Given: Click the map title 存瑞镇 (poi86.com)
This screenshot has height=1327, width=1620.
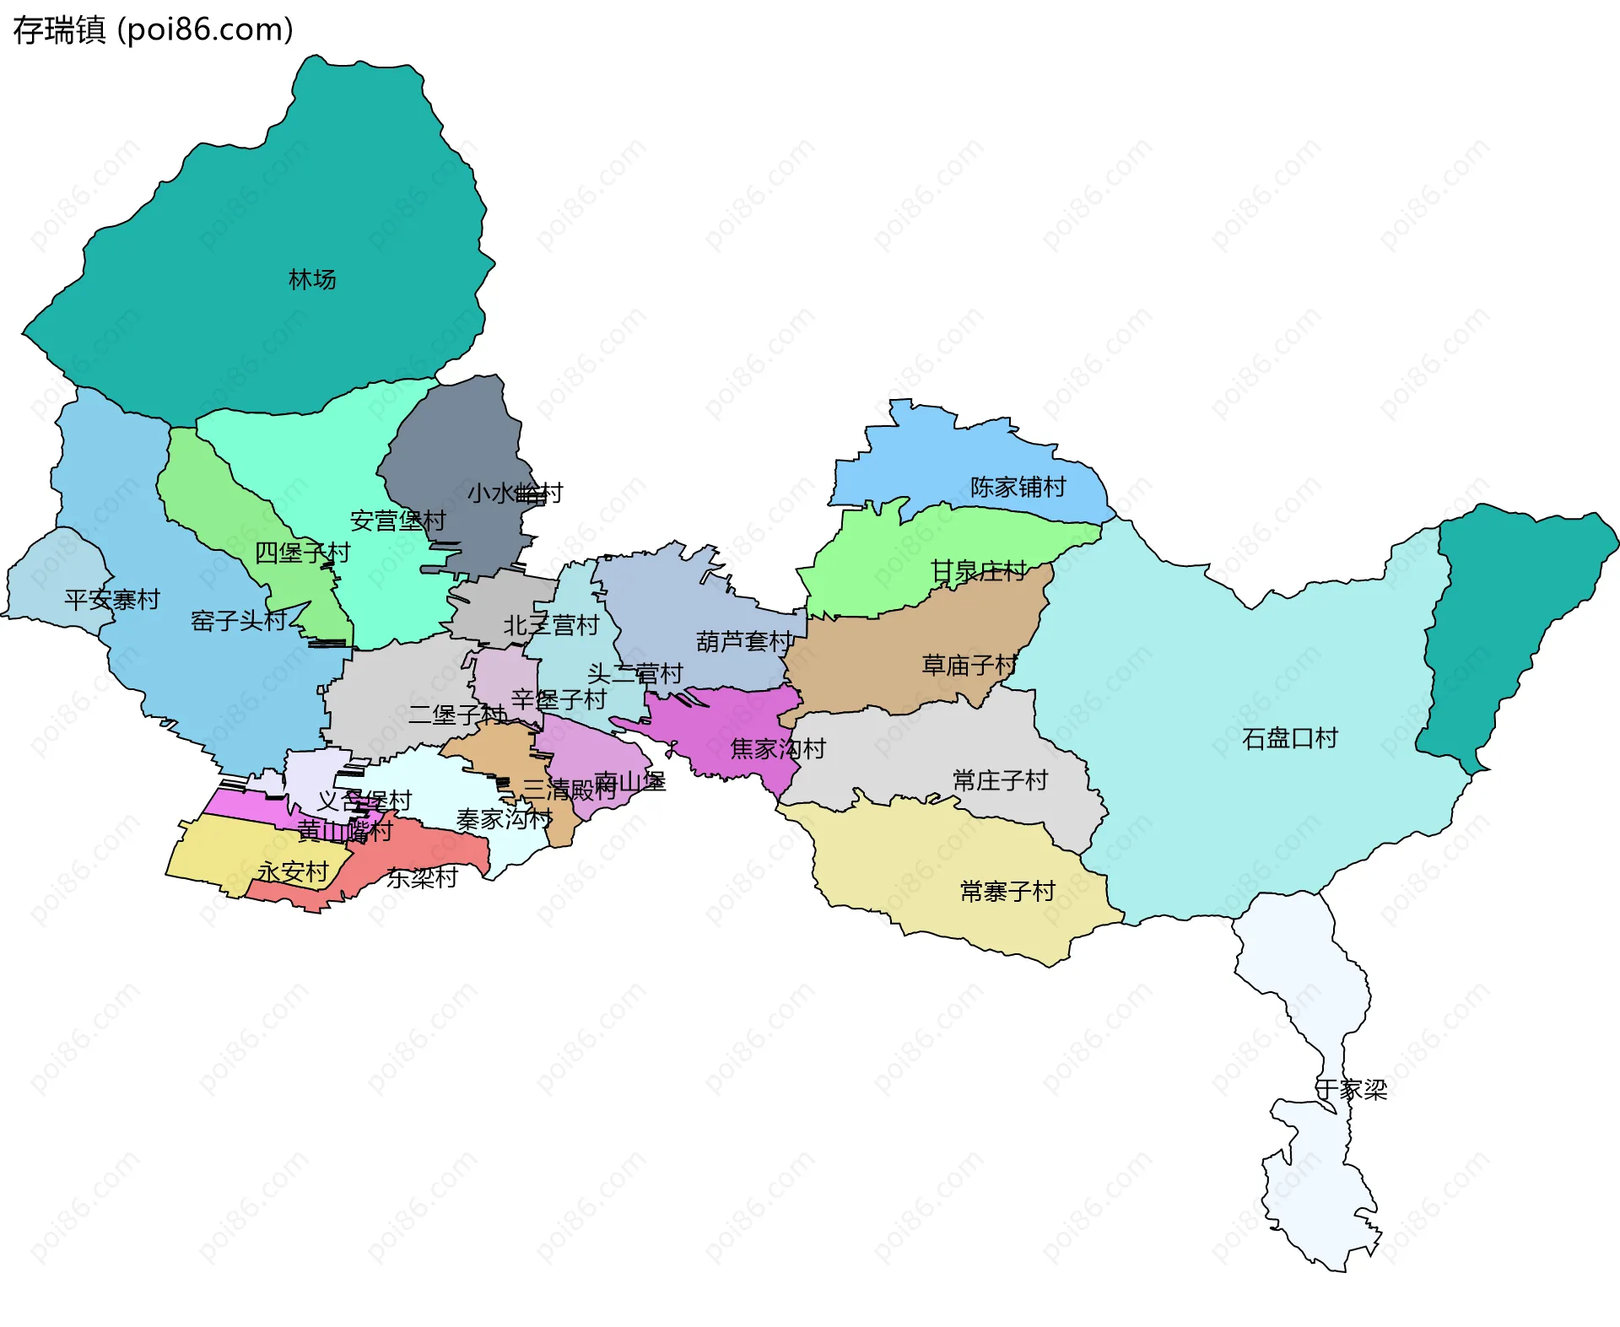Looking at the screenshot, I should pos(153,30).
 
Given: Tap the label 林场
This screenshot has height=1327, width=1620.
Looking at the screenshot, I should pos(312,279).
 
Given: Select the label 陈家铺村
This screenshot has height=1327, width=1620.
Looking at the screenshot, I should pos(1018,487).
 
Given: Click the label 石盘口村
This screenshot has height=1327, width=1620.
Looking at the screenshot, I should pos(1289,738).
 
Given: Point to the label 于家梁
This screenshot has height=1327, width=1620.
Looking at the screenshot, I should pos(1351,1089).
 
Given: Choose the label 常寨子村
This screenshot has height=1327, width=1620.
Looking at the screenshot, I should pos(1007,891).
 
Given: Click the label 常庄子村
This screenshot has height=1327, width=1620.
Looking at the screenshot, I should pos(1000,779).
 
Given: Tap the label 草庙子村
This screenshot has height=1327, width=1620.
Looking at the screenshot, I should pos(969,665).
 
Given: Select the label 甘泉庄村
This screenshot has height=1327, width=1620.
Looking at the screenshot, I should pos(978,571).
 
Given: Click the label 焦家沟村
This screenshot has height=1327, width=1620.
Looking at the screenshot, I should pos(777,748).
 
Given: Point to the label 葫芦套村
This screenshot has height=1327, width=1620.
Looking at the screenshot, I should pos(743,641).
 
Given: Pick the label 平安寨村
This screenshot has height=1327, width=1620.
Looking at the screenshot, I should pos(111,599).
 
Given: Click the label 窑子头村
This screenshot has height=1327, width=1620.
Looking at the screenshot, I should pos(239,621).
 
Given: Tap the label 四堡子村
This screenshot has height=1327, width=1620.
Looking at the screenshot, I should pos(302,553).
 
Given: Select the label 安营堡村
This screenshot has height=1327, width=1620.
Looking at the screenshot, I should pos(397,521).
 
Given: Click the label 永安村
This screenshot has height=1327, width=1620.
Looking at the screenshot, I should pos(293,871).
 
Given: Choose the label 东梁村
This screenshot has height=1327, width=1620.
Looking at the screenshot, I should pos(422,877).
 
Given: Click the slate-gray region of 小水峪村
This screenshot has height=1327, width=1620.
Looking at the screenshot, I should pos(456,447).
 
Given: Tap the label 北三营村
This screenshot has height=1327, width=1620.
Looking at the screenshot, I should pos(551,625).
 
